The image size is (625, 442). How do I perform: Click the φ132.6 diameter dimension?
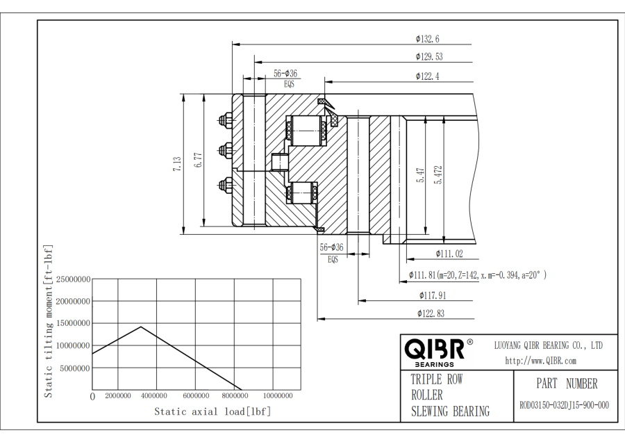(x=428, y=39)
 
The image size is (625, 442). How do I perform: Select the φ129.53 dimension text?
(x=429, y=57)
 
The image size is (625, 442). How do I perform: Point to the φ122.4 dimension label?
(x=428, y=76)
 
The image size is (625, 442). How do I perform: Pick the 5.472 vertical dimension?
(x=438, y=174)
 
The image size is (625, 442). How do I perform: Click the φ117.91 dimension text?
(x=432, y=295)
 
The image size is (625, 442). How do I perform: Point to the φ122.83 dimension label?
(x=431, y=313)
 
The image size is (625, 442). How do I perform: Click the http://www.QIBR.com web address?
(x=540, y=360)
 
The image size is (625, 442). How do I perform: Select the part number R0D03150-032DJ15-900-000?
(x=564, y=406)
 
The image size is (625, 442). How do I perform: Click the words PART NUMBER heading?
(x=567, y=384)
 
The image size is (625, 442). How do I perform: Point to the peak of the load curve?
(x=142, y=326)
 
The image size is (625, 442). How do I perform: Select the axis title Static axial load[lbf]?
(x=212, y=412)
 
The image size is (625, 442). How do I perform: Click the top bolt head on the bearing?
(x=225, y=120)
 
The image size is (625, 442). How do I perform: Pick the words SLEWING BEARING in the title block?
(x=450, y=411)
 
